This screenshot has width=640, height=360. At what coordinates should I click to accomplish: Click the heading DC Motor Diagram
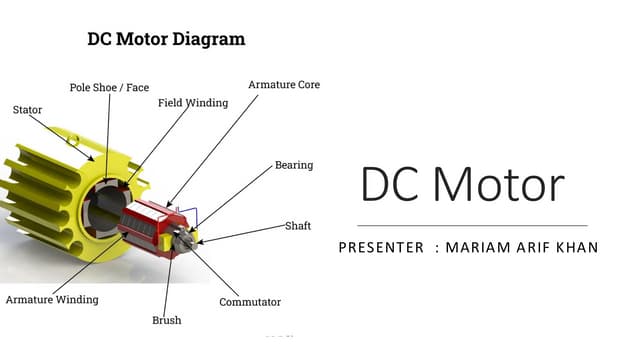pyautogui.click(x=166, y=40)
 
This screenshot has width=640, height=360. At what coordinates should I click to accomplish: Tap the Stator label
pyautogui.click(x=27, y=110)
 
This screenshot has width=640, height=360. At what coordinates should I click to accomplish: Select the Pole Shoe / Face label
pyautogui.click(x=109, y=88)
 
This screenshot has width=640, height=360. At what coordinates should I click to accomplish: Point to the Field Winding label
pyautogui.click(x=193, y=103)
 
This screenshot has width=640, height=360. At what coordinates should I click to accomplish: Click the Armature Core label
pyautogui.click(x=284, y=85)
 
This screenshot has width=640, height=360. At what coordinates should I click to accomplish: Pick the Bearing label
pyautogui.click(x=294, y=165)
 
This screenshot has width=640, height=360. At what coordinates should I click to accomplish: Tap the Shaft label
pyautogui.click(x=298, y=226)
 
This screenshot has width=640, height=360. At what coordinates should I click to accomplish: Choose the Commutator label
pyautogui.click(x=250, y=302)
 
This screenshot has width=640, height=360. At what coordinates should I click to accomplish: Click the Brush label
pyautogui.click(x=166, y=321)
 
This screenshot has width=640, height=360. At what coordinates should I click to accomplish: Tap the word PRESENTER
pyautogui.click(x=381, y=247)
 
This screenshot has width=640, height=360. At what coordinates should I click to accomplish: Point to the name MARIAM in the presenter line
pyautogui.click(x=486, y=247)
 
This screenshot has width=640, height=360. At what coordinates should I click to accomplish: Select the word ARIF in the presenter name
pyautogui.click(x=534, y=247)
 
